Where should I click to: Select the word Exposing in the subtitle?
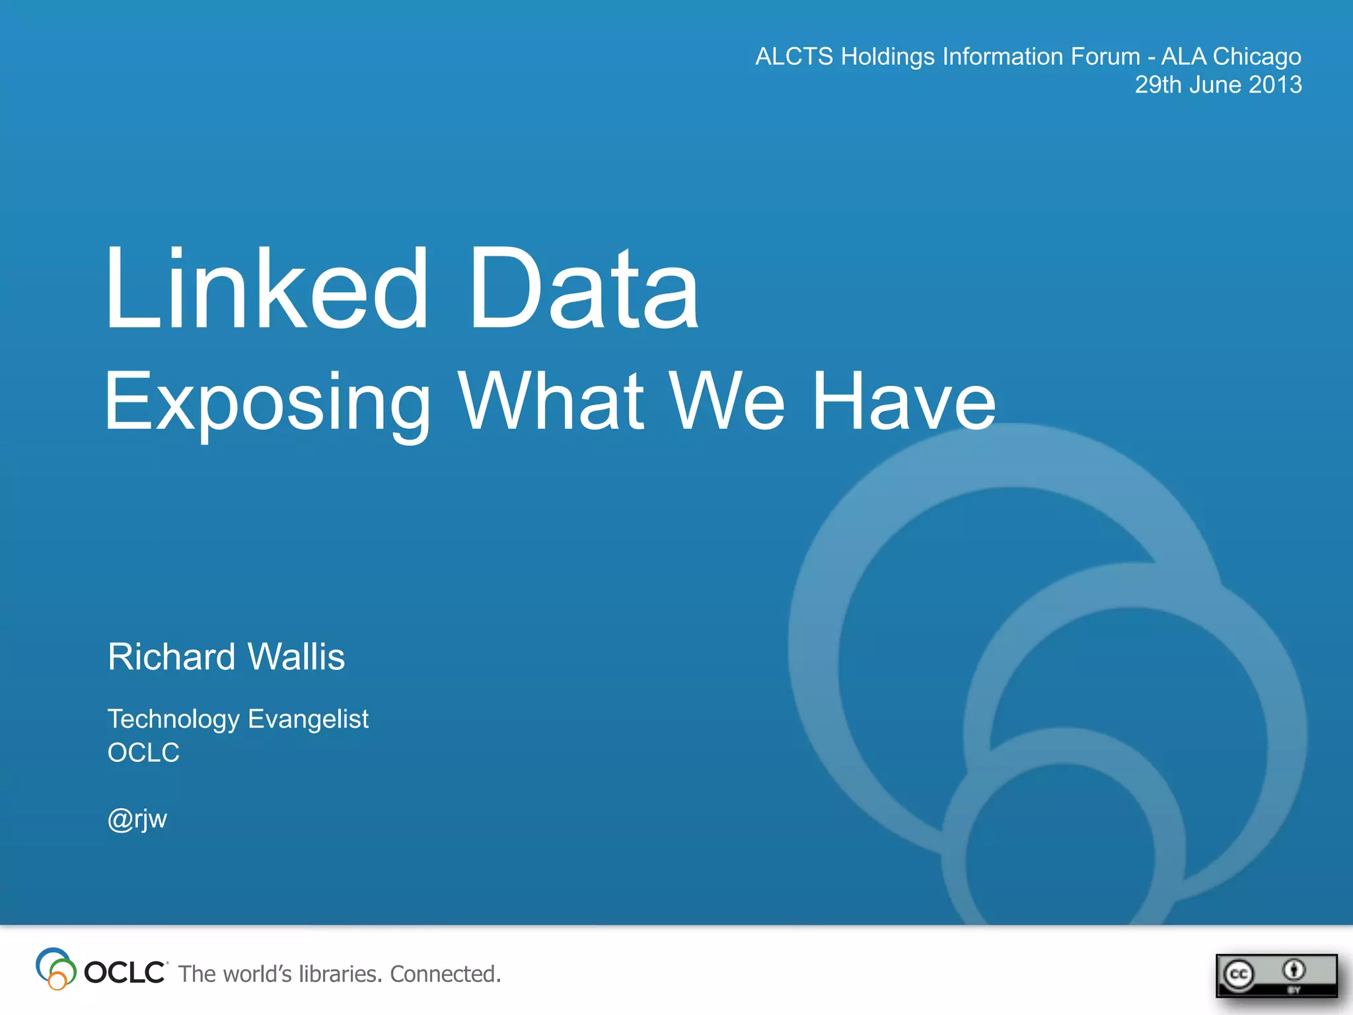(x=268, y=402)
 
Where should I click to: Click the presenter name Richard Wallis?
(x=226, y=657)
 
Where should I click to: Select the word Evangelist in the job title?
(x=308, y=720)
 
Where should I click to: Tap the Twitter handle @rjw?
(x=137, y=819)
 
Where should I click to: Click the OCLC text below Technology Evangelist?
(x=143, y=753)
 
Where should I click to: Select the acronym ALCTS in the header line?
(x=794, y=57)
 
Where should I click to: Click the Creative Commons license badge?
(x=1276, y=975)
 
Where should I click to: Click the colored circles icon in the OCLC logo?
(x=55, y=969)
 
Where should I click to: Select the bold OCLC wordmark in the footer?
(x=125, y=973)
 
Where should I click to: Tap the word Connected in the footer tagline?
(x=445, y=974)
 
